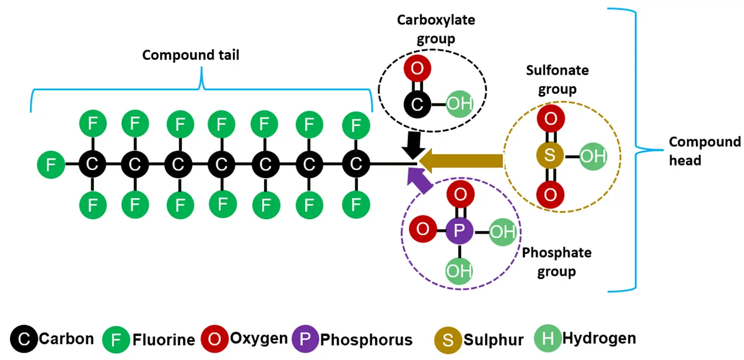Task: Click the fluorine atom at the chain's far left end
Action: pos(51,164)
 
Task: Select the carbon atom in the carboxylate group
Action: pos(418,105)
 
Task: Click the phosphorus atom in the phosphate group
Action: pos(460,231)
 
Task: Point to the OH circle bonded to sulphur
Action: pos(593,157)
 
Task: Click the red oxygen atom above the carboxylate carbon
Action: pos(418,68)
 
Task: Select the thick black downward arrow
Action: pos(413,143)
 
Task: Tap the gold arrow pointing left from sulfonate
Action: pos(461,159)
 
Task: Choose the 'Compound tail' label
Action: pos(191,55)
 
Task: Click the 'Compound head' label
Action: pos(704,150)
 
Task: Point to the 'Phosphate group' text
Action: pos(557,261)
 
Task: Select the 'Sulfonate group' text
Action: pos(557,79)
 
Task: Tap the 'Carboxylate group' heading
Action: pos(436,29)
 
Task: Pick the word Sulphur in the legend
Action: pos(493,340)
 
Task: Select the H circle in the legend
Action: pos(548,339)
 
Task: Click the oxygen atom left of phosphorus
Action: pos(422,230)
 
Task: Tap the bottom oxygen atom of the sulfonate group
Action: pos(551,195)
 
